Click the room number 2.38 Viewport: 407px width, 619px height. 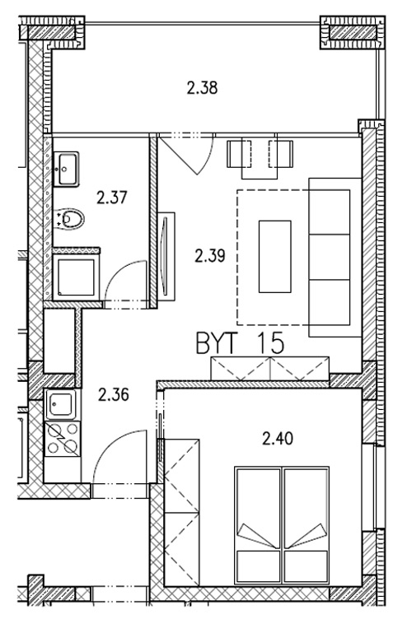(202, 87)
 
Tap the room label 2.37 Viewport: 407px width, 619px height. (112, 198)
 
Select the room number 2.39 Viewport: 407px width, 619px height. (210, 256)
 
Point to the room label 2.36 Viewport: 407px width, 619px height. (114, 394)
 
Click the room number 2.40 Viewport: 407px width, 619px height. (278, 438)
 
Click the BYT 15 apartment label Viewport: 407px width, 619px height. (240, 342)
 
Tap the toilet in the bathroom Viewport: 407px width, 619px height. (70, 218)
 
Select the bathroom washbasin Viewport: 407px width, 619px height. (66, 170)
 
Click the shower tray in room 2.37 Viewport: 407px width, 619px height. (77, 277)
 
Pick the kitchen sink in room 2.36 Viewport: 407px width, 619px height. (62, 405)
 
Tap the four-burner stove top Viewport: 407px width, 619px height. (63, 439)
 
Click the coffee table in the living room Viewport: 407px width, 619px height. (275, 257)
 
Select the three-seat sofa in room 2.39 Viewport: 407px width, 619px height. (335, 258)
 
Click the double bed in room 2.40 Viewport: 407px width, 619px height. (282, 525)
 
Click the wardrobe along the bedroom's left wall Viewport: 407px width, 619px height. (182, 512)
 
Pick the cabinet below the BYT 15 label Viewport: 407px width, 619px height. (270, 368)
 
